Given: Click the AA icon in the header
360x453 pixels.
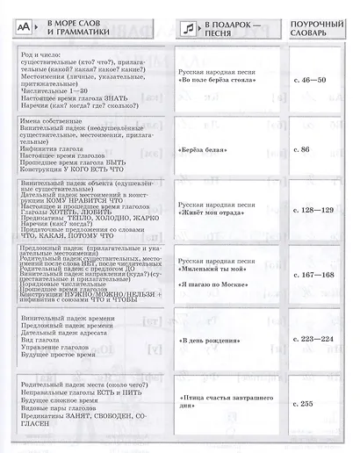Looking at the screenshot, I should click(25, 28).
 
